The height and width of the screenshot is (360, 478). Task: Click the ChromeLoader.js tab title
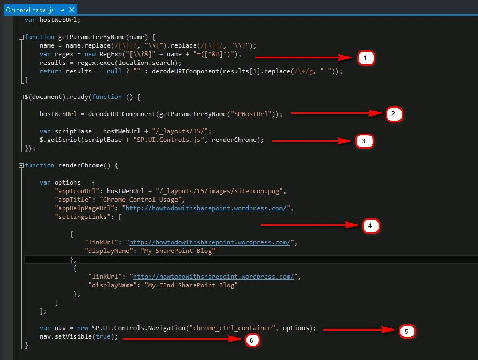(30, 10)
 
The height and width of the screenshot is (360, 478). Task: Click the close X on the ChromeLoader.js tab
(72, 10)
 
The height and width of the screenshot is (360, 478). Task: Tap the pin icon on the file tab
(61, 10)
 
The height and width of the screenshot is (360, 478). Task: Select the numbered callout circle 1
(366, 58)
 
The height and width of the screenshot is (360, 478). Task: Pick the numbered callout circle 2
(394, 114)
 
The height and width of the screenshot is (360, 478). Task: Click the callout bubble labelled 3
(364, 141)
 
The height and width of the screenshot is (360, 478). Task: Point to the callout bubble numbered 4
(371, 226)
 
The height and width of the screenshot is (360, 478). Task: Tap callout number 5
(407, 331)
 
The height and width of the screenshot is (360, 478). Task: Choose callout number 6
(252, 340)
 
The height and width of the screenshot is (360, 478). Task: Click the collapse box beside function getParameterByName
(21, 37)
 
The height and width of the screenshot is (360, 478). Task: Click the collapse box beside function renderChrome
(21, 166)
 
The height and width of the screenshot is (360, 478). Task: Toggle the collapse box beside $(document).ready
(21, 97)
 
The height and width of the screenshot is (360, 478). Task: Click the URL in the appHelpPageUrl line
(206, 208)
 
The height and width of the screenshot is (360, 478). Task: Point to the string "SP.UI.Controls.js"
(168, 140)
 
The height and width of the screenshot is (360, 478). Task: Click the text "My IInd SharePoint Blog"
(191, 285)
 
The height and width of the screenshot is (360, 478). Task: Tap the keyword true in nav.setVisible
(103, 336)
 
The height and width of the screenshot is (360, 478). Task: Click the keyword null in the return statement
(114, 71)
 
